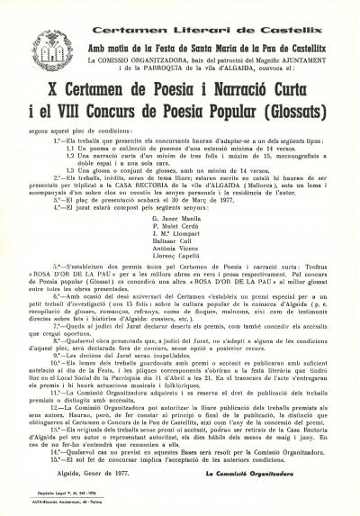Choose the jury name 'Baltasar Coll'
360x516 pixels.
(x=176, y=241)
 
